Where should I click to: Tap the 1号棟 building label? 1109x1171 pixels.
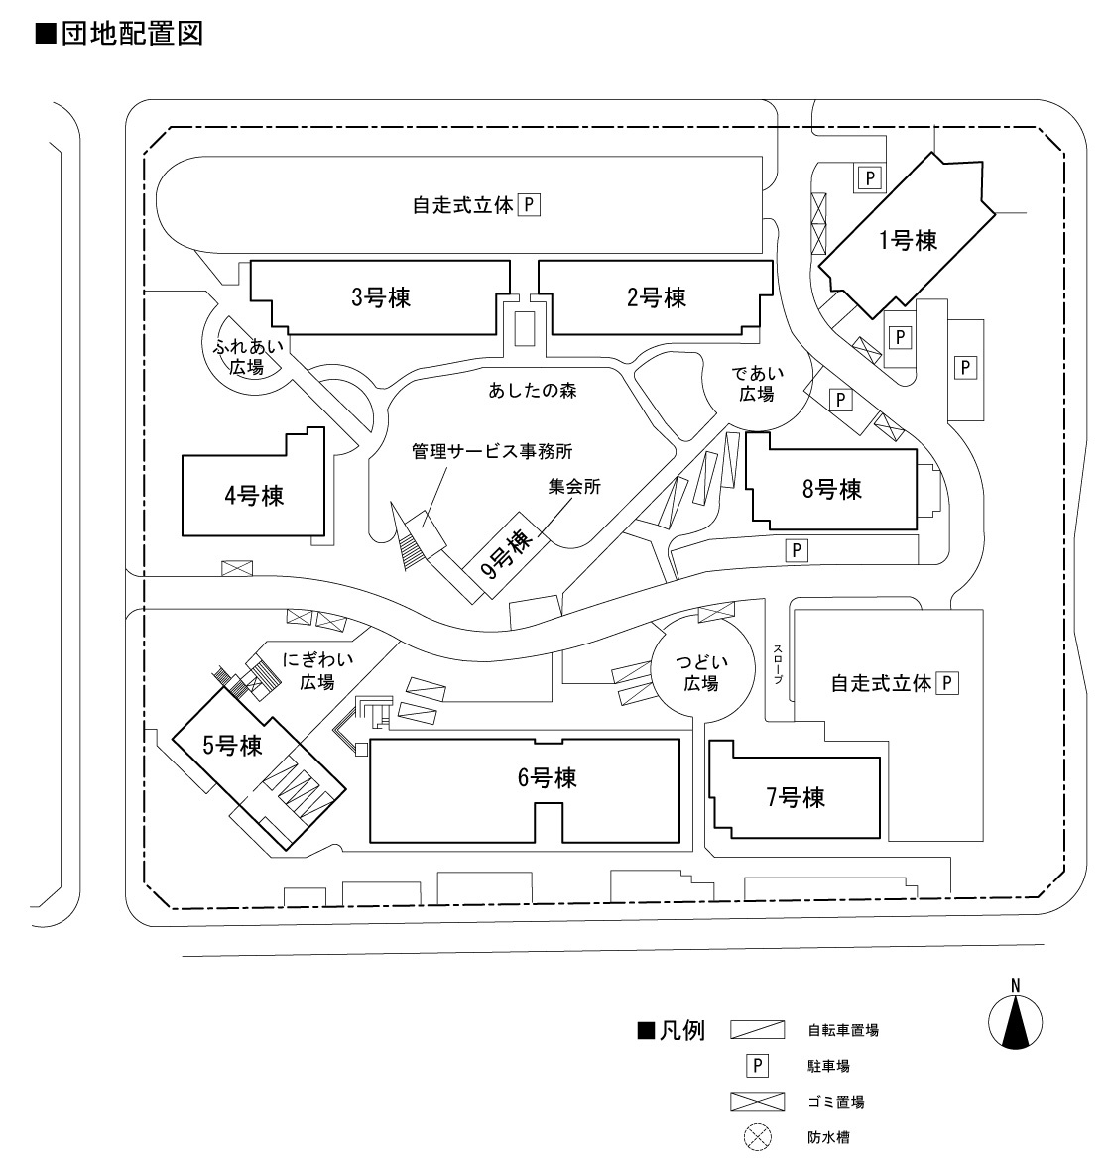coord(908,240)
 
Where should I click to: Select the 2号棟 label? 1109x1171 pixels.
coord(657,296)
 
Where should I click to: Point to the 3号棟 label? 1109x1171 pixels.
coord(382,296)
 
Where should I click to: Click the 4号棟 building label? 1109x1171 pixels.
coord(254,495)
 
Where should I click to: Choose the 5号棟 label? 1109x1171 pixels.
coord(232,746)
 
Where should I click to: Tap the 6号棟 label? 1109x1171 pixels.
coord(547,778)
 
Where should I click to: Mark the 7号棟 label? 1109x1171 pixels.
coord(796,797)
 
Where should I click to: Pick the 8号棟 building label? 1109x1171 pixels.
coord(831,488)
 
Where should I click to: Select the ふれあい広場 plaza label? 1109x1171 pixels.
coord(248,357)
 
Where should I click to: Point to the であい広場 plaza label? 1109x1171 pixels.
coord(759,384)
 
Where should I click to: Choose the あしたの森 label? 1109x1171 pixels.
coord(533,390)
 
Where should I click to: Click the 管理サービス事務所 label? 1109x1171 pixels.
coord(493,452)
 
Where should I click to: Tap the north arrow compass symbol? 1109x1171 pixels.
coord(1015,1015)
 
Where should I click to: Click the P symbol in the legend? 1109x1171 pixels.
coord(757,1066)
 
